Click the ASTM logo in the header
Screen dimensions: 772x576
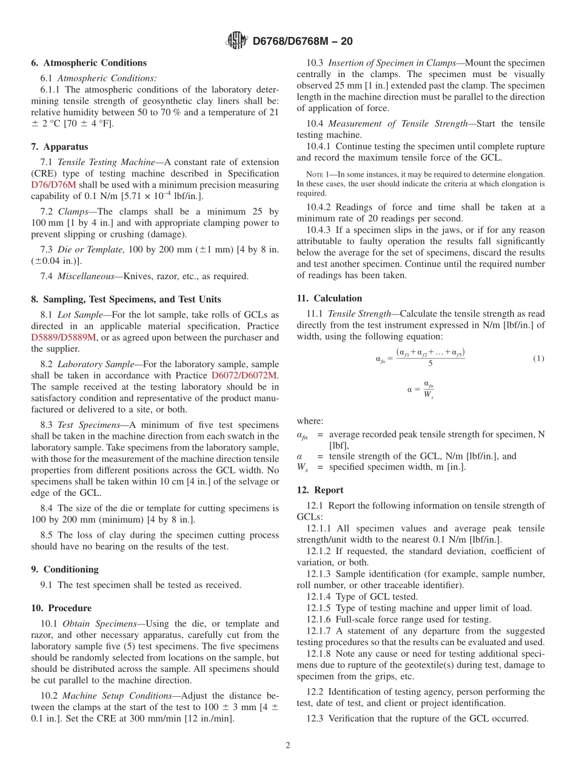236,41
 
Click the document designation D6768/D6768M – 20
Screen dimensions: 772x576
302,41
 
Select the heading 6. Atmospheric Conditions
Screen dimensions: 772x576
89,63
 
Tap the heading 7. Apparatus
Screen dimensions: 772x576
59,147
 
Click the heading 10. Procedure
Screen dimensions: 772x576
61,608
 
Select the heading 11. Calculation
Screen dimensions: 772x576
329,299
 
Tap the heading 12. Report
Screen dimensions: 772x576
320,490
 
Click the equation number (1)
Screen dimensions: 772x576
538,359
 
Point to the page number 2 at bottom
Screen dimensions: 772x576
288,745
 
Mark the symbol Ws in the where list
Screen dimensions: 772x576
302,467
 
